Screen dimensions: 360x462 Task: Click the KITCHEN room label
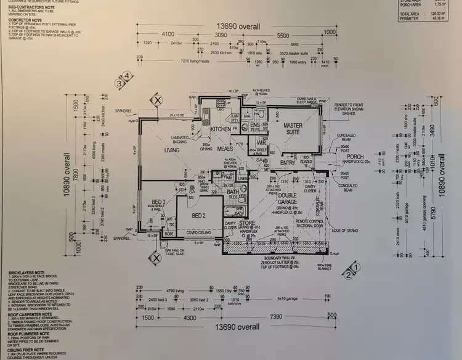pos(221,129)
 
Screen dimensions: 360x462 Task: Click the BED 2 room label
pos(198,215)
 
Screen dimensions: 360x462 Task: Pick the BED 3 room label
pos(158,203)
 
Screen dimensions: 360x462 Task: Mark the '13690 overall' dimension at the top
pos(237,27)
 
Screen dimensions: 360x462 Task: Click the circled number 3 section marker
pos(118,81)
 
